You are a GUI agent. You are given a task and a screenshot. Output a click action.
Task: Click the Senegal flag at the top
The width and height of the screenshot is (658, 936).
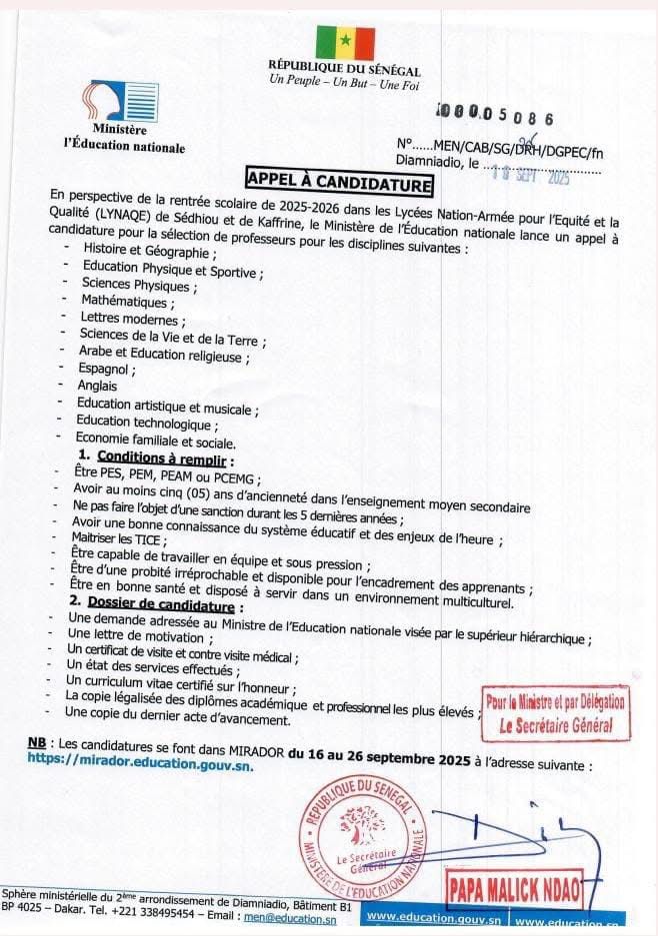345,43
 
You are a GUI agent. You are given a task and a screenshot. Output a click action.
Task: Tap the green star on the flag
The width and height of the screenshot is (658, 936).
345,43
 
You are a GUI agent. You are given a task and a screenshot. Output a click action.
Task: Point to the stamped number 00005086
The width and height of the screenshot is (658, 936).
496,117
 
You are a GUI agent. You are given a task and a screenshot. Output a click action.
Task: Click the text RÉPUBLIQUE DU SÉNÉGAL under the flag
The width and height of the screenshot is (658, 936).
344,71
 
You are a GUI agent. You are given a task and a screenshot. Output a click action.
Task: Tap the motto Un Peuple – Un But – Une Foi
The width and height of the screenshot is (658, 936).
344,86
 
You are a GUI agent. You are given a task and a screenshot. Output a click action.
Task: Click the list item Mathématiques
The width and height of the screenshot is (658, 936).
127,302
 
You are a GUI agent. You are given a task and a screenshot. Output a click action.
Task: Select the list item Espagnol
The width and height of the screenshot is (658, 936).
107,369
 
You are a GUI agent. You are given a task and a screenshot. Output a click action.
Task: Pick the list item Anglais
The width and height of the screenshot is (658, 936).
98,386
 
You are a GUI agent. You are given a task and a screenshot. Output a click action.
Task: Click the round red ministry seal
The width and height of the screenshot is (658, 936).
362,836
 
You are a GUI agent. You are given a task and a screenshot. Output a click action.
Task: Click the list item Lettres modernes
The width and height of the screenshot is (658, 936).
132,319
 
